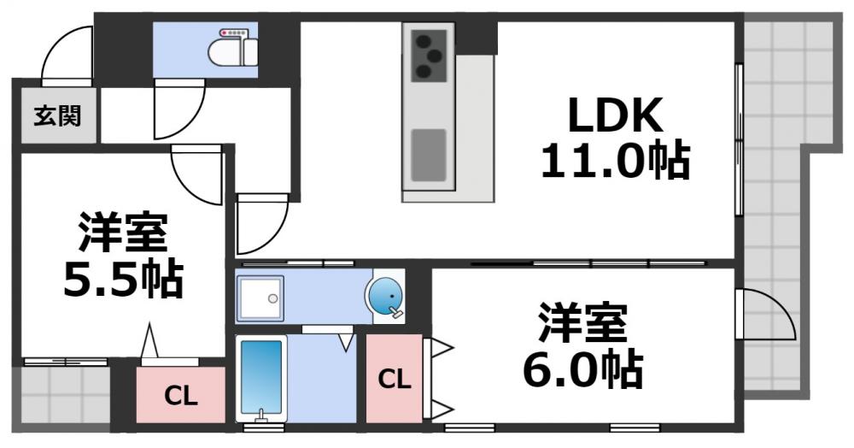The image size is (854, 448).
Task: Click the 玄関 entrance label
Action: tap(57, 115)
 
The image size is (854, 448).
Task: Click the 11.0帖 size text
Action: tap(615, 160)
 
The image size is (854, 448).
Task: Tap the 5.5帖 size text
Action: tap(124, 277)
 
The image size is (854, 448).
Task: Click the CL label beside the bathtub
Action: tap(394, 378)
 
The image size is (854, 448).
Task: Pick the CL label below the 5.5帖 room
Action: tap(181, 395)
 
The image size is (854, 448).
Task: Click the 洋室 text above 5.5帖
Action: tap(124, 230)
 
